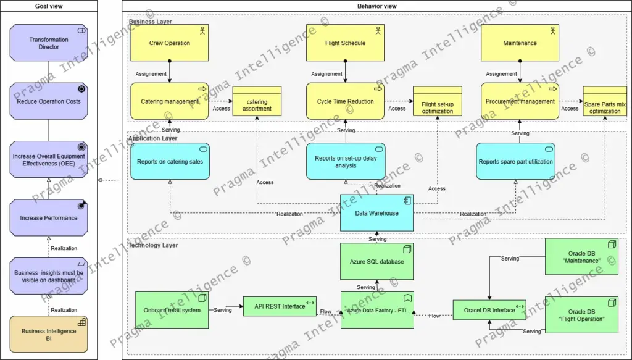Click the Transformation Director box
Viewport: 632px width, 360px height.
click(49, 43)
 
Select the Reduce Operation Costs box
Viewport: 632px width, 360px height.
click(49, 101)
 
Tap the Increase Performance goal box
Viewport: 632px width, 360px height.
click(49, 218)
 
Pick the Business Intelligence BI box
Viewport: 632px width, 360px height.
click(49, 335)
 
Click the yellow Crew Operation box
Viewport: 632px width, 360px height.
click(169, 43)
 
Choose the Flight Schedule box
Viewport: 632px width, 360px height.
click(345, 43)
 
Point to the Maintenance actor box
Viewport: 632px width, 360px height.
click(520, 43)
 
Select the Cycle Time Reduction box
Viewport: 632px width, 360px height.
click(345, 101)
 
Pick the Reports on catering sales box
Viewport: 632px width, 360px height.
click(170, 162)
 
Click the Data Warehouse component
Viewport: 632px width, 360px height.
click(376, 213)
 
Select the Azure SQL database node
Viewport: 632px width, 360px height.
click(376, 261)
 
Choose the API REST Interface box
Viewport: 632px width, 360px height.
click(280, 306)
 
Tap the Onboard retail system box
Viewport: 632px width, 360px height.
click(172, 310)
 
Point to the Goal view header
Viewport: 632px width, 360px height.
click(49, 6)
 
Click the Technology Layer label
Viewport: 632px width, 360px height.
click(153, 245)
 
